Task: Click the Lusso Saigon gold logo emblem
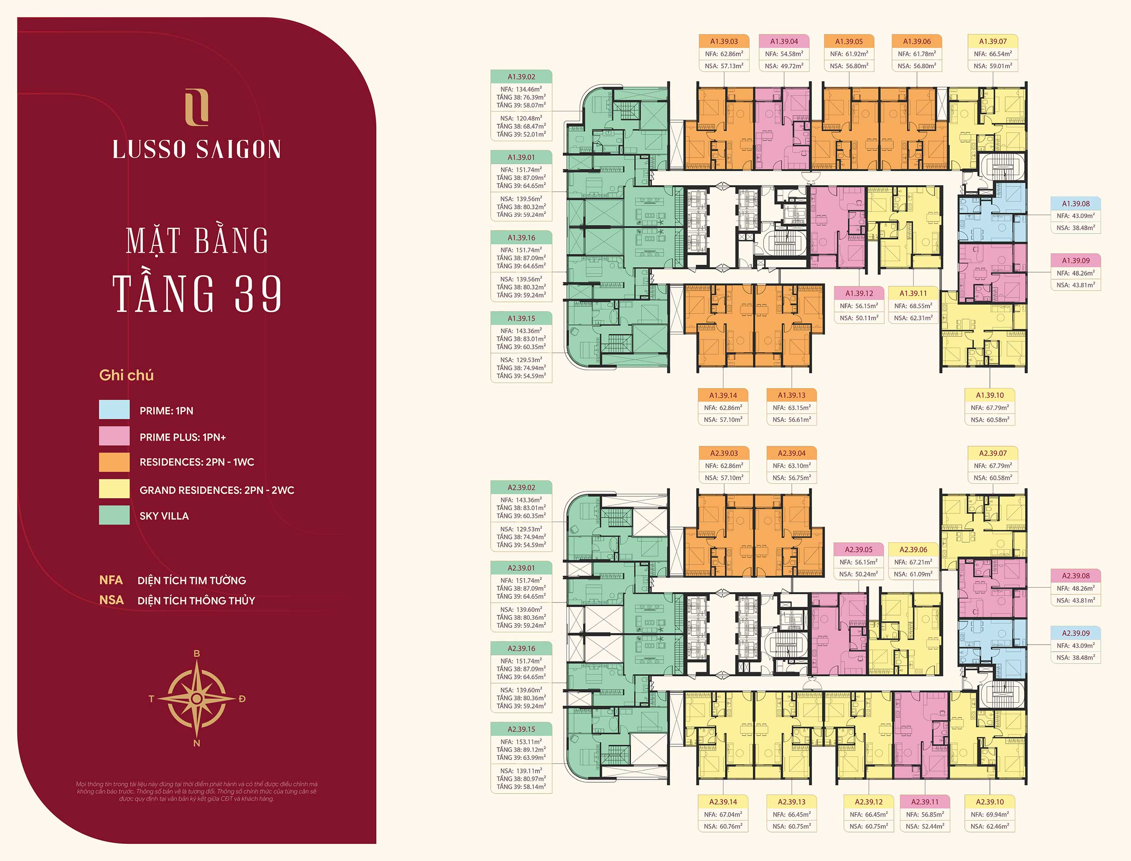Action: click(x=197, y=107)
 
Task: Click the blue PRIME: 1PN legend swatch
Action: click(x=114, y=410)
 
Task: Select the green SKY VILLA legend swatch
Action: click(x=114, y=515)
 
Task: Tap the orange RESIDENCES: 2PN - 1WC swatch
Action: click(x=114, y=462)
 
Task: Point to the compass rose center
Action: click(x=197, y=698)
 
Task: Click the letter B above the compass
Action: click(x=197, y=653)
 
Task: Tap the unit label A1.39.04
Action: click(x=784, y=42)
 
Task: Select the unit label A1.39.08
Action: click(x=1075, y=203)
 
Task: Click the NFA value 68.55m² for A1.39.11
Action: click(x=913, y=306)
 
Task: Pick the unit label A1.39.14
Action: click(x=723, y=395)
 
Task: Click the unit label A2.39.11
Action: click(x=925, y=802)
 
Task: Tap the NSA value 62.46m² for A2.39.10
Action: click(x=990, y=826)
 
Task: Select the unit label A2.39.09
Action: click(x=1075, y=633)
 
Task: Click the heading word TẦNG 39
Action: click(x=197, y=293)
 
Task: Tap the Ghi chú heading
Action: click(x=126, y=375)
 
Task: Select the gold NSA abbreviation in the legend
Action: click(x=111, y=600)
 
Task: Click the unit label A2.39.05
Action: click(x=859, y=550)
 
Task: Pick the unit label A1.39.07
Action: click(x=993, y=42)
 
